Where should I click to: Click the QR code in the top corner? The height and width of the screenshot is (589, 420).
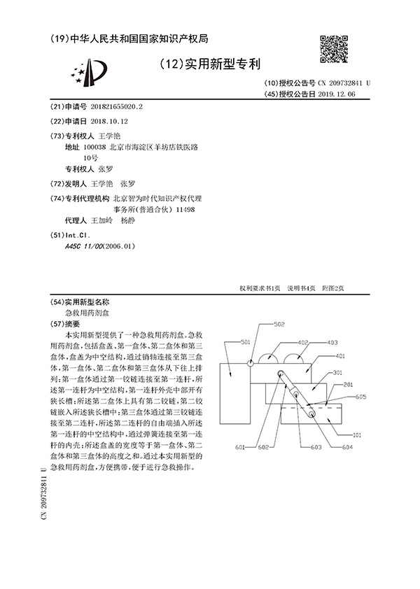pos(335,49)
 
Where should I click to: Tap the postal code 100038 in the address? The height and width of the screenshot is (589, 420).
pos(94,148)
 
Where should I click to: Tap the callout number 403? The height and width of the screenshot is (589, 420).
pos(332,343)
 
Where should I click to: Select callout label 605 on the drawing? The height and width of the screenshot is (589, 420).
pos(360,397)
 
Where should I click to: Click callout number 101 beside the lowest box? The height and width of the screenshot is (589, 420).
pos(356,434)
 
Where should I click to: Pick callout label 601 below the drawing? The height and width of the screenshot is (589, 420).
pos(240,446)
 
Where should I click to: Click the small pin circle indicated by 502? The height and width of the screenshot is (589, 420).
pos(250,362)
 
